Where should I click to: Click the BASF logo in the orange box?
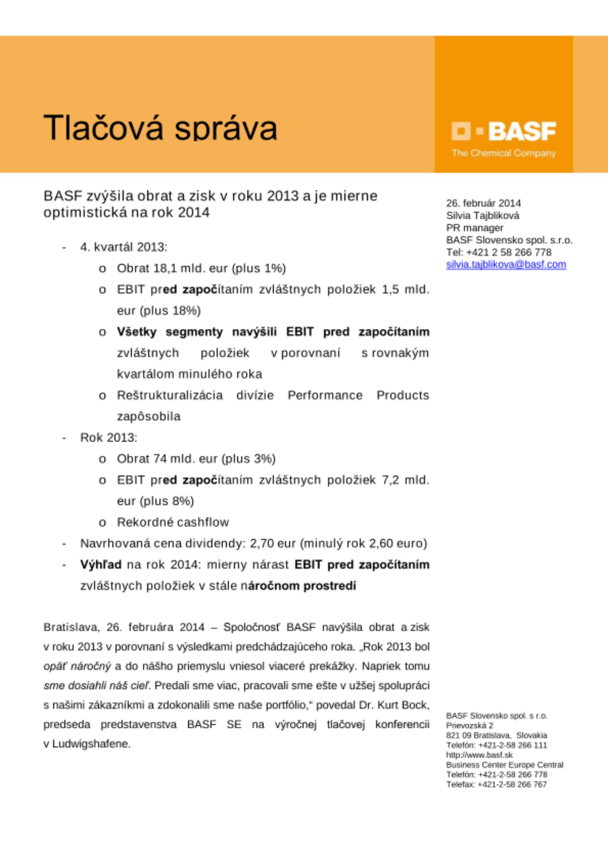504,131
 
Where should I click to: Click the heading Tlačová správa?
160,128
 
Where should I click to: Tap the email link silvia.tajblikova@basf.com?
506,264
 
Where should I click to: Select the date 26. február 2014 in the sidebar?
483,203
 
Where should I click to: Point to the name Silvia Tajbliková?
482,215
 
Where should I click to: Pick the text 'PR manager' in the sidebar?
474,228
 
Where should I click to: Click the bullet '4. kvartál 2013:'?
123,247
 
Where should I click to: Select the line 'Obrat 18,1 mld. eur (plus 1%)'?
201,268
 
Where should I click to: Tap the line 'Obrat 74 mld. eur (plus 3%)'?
196,459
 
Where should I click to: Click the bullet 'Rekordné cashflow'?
173,522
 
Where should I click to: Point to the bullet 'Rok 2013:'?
109,438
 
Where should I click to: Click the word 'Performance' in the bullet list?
325,395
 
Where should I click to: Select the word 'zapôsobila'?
149,416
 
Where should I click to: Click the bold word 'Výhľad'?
101,565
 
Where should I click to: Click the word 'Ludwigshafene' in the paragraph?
91,744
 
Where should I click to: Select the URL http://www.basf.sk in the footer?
479,755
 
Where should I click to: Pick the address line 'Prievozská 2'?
470,725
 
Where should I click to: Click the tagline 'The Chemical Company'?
504,153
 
